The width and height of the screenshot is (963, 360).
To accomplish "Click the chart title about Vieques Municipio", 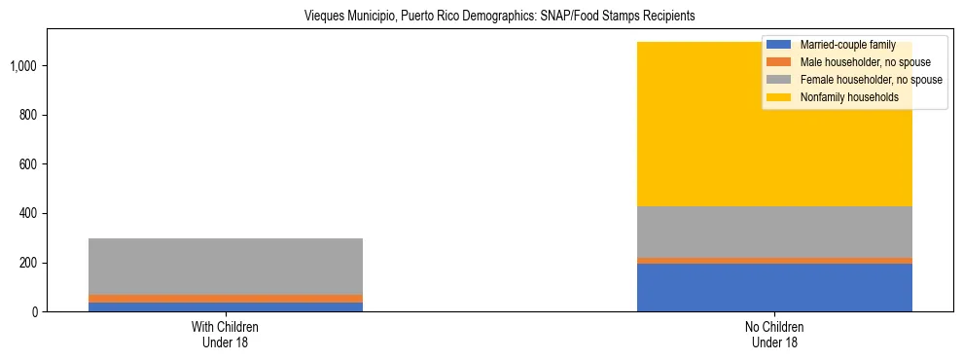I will (x=481, y=17).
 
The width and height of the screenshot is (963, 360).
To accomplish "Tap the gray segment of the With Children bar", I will (x=226, y=267).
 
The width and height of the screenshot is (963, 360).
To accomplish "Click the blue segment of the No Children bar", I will (x=774, y=288).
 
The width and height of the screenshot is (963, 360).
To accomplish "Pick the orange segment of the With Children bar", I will (x=226, y=299).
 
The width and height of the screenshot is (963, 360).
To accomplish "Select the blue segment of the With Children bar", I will (x=226, y=307).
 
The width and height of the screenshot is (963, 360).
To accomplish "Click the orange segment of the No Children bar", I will (x=774, y=261).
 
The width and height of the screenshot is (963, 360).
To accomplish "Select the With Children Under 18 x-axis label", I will (x=226, y=335).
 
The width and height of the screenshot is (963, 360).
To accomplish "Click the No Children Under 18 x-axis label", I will (x=774, y=335).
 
